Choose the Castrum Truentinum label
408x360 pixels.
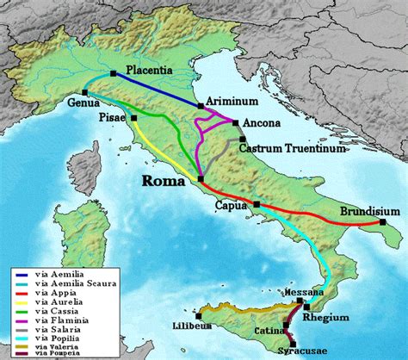coord(293,148)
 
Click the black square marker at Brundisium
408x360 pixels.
coord(381,222)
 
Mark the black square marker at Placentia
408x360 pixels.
coord(114,73)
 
